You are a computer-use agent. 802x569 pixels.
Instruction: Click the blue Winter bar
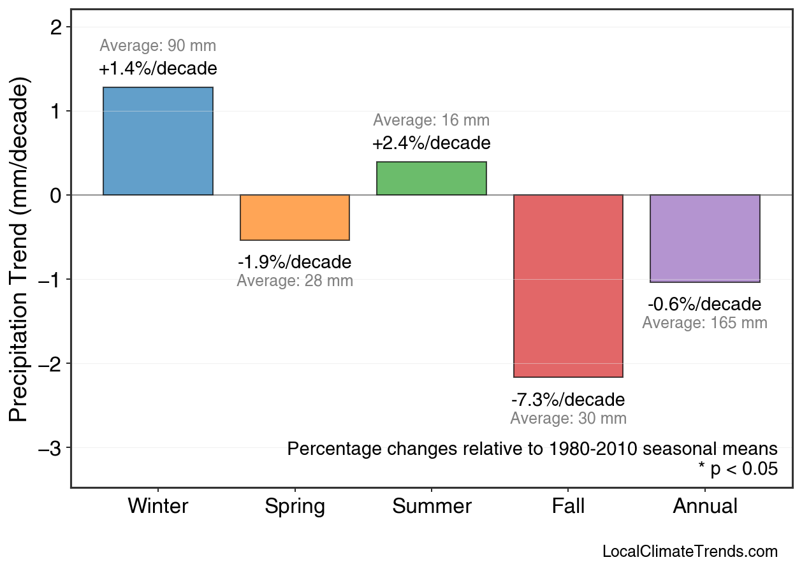pyautogui.click(x=158, y=141)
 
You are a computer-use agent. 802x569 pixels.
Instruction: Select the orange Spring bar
pyautogui.click(x=295, y=217)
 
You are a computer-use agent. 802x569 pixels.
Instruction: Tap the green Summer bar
pyautogui.click(x=432, y=178)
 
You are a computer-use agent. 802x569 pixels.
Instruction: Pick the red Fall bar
pyautogui.click(x=568, y=285)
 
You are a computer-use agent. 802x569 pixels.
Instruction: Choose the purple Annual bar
pyautogui.click(x=704, y=238)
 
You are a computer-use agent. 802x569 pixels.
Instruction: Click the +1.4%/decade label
pyautogui.click(x=158, y=69)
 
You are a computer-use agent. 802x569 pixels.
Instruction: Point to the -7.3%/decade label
pyautogui.click(x=568, y=400)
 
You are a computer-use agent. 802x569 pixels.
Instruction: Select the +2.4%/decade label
pyautogui.click(x=432, y=143)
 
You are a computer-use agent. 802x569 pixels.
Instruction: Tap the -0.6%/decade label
pyautogui.click(x=704, y=304)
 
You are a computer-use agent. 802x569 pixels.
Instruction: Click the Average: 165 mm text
pyautogui.click(x=704, y=323)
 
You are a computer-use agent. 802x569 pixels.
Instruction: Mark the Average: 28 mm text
pyautogui.click(x=295, y=281)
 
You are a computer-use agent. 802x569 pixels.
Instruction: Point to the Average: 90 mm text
pyautogui.click(x=158, y=46)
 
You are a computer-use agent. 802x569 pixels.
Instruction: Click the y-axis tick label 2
pyautogui.click(x=55, y=27)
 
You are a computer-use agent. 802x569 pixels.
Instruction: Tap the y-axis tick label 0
pyautogui.click(x=55, y=196)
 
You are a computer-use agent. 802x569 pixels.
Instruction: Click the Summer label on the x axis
pyautogui.click(x=432, y=507)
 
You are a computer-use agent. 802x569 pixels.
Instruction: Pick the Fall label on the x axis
pyautogui.click(x=568, y=507)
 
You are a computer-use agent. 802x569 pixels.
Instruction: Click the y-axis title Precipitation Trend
pyautogui.click(x=20, y=250)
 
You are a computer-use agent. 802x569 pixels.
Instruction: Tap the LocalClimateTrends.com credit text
pyautogui.click(x=690, y=552)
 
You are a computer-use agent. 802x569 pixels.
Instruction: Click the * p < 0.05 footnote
pyautogui.click(x=738, y=469)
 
